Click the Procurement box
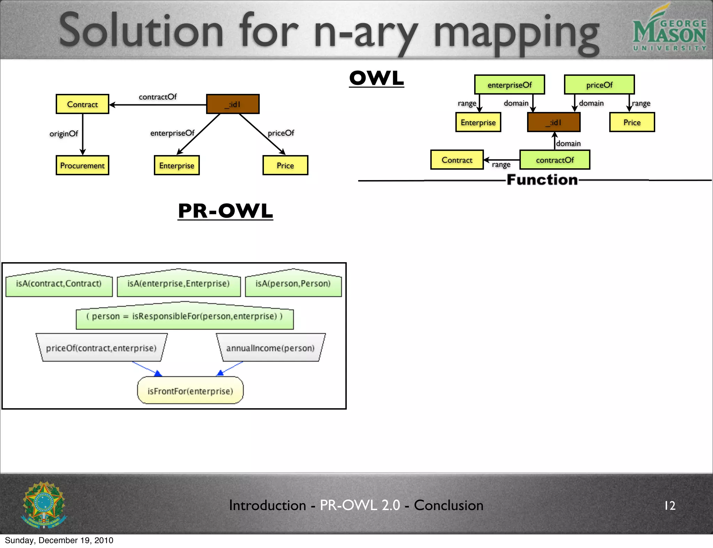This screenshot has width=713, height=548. point(83,166)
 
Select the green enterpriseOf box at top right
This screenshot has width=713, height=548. point(509,85)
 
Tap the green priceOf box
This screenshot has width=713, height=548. point(599,85)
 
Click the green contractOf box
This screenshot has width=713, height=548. point(555,160)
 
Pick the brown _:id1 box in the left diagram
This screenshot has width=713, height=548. point(233,104)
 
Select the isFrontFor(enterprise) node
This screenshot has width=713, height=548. point(190,391)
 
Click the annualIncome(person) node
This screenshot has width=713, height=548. point(271,348)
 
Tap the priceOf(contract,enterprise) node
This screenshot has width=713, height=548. point(101,348)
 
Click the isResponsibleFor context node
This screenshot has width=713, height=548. point(185,316)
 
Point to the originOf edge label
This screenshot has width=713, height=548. point(64,134)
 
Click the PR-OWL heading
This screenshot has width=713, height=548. point(225,211)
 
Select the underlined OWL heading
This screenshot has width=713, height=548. point(376,78)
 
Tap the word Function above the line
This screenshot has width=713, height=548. point(542,180)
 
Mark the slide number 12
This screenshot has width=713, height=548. point(670,506)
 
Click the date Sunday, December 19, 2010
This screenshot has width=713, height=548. point(59,540)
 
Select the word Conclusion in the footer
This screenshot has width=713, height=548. point(448,505)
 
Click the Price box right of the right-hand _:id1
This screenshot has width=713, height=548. point(632,122)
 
